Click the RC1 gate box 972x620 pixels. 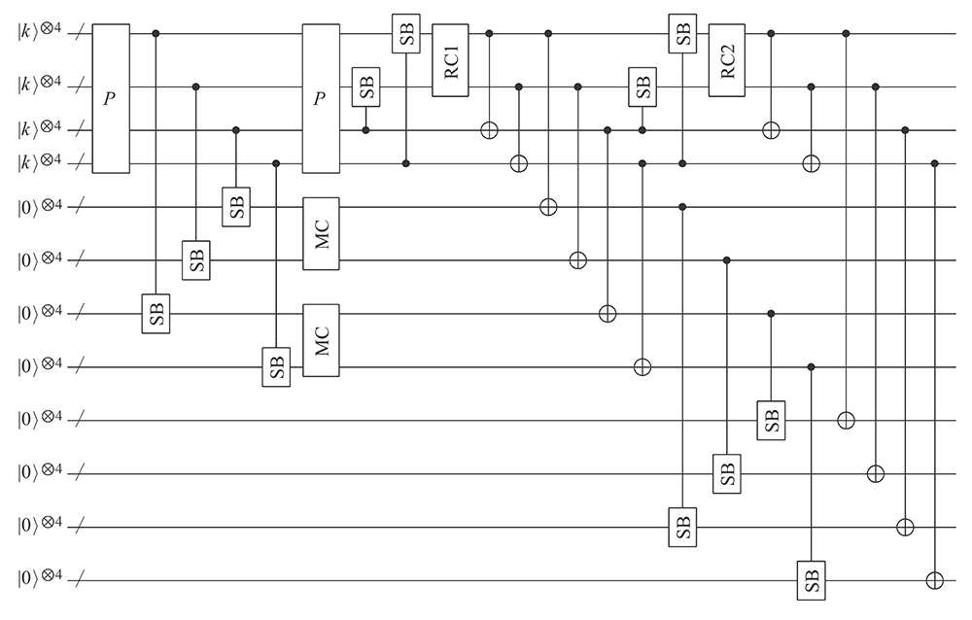[450, 60]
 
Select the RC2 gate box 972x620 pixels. [727, 60]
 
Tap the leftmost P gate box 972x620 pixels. [111, 98]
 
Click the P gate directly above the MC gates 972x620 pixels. [321, 98]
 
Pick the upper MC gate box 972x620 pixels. [321, 234]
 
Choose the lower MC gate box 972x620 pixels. [321, 340]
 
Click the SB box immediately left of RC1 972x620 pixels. [406, 33]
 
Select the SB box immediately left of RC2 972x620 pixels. [682, 33]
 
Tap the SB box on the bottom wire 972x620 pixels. [812, 580]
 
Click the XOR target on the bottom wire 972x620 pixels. [934, 580]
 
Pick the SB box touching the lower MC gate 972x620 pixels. [276, 367]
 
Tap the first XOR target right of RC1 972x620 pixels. [489, 130]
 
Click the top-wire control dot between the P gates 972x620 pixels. [156, 33]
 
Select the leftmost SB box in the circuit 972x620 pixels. [156, 314]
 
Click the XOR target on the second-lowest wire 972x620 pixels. [905, 528]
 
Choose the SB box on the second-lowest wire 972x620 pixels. [682, 527]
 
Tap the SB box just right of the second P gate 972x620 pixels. [365, 86]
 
